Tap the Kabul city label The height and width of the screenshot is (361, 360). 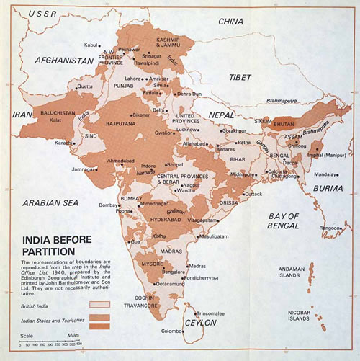91,45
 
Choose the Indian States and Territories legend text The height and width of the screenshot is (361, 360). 53,317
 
